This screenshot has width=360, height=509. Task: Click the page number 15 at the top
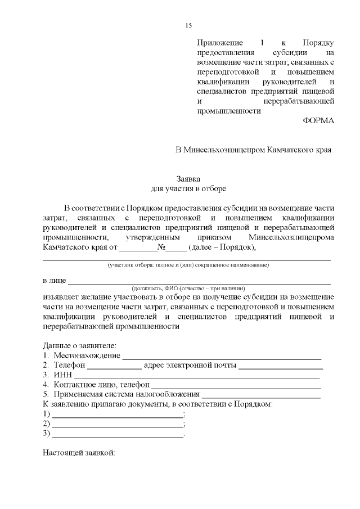[x=188, y=26]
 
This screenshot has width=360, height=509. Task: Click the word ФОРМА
[x=318, y=121]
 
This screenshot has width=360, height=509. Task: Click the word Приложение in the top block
[x=219, y=43]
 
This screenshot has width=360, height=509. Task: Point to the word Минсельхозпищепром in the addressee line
[x=224, y=150]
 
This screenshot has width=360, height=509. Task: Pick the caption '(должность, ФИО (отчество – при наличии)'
[x=188, y=287]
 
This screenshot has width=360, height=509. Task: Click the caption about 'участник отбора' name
[x=188, y=264]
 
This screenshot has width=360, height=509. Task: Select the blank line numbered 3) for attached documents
[x=118, y=434]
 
